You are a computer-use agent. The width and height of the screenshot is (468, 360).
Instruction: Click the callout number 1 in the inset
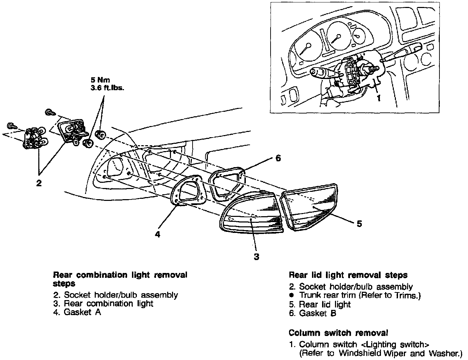pos(379,99)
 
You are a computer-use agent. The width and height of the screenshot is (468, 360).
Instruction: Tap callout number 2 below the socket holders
pos(39,183)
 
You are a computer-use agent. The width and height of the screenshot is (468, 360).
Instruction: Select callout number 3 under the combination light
pos(256,257)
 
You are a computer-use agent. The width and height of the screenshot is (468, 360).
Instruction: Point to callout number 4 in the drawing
pos(158,234)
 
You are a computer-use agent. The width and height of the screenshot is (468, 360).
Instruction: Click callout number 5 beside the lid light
pos(359,224)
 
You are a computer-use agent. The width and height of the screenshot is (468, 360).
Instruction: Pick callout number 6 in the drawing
pos(278,158)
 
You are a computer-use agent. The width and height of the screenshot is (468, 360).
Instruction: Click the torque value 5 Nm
pos(99,80)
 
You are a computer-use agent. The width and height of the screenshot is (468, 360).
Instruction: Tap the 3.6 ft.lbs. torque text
pos(107,88)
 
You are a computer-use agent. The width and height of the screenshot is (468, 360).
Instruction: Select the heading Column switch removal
pos(338,332)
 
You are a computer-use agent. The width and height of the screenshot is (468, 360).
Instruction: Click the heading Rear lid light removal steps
pos(348,275)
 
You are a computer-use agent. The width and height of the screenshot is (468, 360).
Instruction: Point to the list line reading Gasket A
pos(77,312)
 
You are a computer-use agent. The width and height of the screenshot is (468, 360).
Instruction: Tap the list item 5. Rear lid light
pos(320,304)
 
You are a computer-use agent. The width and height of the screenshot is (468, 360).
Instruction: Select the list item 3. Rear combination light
pos(103,304)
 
